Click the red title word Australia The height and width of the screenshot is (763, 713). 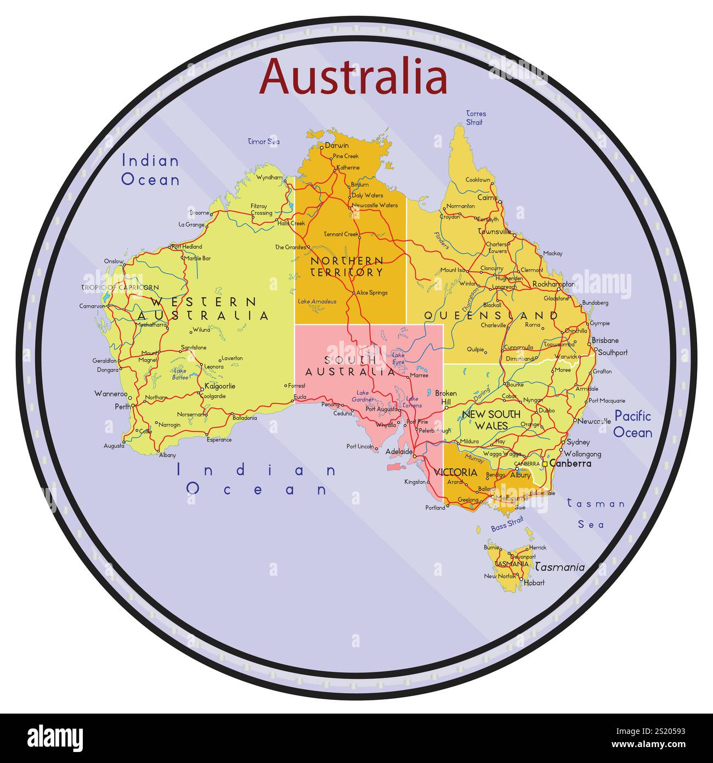click(x=354, y=77)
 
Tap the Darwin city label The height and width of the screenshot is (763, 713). click(x=337, y=146)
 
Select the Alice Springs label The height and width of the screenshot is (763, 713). click(x=372, y=293)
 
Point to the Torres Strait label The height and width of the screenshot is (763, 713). click(x=476, y=118)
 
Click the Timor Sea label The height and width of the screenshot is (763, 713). click(x=264, y=142)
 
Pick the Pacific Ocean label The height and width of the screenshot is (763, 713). click(x=632, y=424)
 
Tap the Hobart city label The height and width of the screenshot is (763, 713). click(x=534, y=582)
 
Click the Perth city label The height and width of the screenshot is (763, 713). click(x=122, y=407)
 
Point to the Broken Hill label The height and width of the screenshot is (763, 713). click(x=445, y=397)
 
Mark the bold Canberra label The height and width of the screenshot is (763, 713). click(x=570, y=463)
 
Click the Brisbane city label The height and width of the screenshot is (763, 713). click(x=605, y=340)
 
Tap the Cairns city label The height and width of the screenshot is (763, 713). click(x=487, y=197)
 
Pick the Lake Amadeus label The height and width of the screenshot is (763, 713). click(x=317, y=301)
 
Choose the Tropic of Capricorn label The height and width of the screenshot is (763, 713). click(x=120, y=288)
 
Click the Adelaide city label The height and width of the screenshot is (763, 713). click(x=399, y=452)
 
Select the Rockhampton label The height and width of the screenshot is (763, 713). click(x=553, y=284)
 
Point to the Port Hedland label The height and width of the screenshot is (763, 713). click(x=187, y=246)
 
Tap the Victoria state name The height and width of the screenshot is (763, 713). click(x=455, y=472)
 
